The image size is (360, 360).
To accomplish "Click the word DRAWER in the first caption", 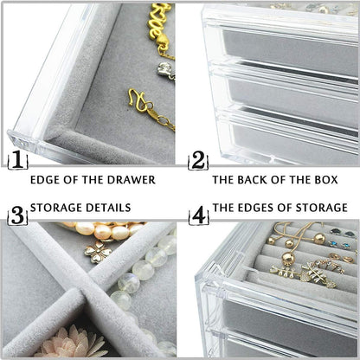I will coord(129,180).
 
